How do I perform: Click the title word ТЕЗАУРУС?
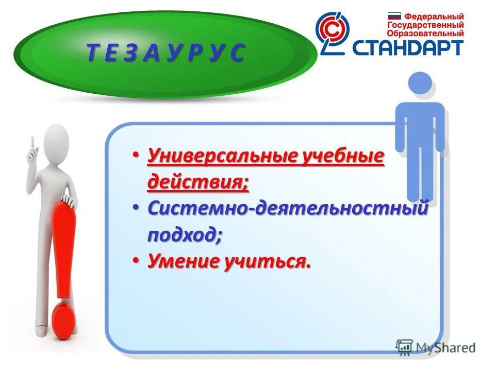point(166,54)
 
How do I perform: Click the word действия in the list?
point(196,182)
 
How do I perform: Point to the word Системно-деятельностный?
point(288,209)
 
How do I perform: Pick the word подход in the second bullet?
point(184,235)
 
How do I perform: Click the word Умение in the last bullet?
point(184,262)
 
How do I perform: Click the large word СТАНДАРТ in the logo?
point(408,47)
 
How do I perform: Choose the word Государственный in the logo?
point(425,25)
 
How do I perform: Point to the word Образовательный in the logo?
point(425,33)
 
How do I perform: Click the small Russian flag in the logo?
point(394,16)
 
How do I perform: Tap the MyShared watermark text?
point(445,347)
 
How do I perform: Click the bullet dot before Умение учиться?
point(135,261)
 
